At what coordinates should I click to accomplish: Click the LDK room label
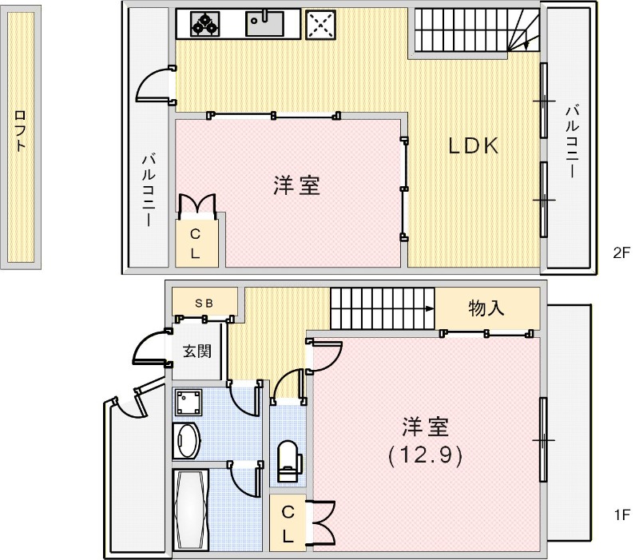click(473, 145)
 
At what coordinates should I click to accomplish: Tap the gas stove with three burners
click(204, 23)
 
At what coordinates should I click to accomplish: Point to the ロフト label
click(21, 132)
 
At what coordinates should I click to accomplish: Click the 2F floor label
click(621, 253)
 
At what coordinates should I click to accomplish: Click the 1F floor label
click(621, 515)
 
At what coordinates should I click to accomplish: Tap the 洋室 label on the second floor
click(297, 186)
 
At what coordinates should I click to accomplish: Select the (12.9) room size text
click(426, 455)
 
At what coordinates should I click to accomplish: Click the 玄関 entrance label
click(197, 351)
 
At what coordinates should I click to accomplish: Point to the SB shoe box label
click(204, 303)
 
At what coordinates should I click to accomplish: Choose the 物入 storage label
click(486, 308)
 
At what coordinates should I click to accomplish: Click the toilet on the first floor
click(287, 461)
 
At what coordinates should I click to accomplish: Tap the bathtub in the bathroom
click(191, 507)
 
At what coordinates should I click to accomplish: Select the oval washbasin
click(189, 440)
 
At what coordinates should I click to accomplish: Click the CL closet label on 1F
click(288, 522)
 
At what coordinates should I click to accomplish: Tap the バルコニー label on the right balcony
click(572, 141)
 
